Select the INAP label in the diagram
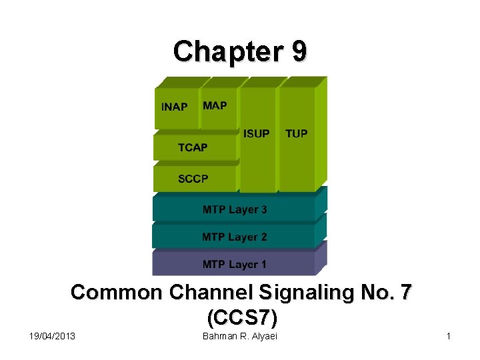(175, 107)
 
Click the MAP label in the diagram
(215, 105)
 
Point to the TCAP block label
(193, 147)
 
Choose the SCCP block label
(193, 179)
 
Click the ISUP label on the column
(257, 133)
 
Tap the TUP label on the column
(297, 133)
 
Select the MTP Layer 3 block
(234, 209)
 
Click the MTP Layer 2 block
(234, 237)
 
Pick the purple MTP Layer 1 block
(234, 264)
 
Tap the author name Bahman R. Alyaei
(239, 336)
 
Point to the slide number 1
(449, 336)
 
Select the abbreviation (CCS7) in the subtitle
(241, 315)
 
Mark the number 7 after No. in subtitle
(404, 293)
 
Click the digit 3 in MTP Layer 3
(264, 209)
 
